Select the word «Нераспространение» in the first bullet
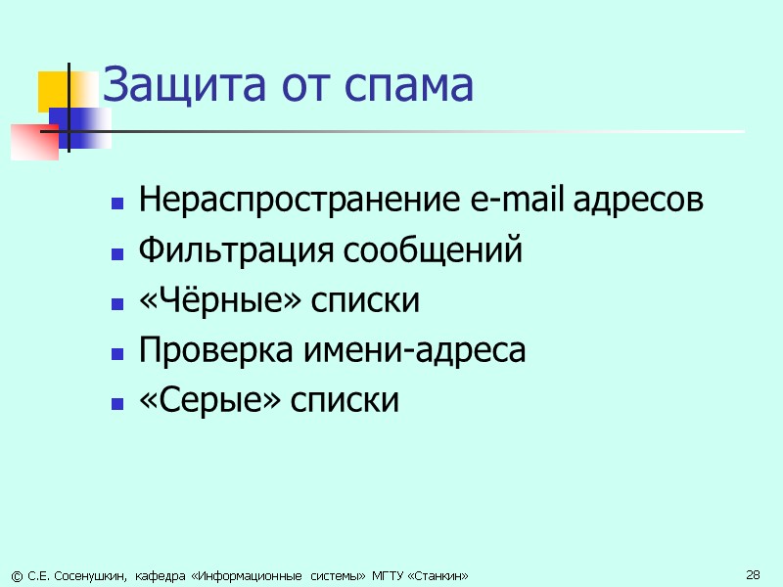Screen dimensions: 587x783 point(295,203)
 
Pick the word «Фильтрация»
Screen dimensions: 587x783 point(237,252)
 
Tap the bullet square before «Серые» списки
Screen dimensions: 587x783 point(117,402)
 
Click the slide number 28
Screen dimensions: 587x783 point(753,573)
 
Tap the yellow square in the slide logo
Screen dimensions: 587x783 point(55,91)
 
